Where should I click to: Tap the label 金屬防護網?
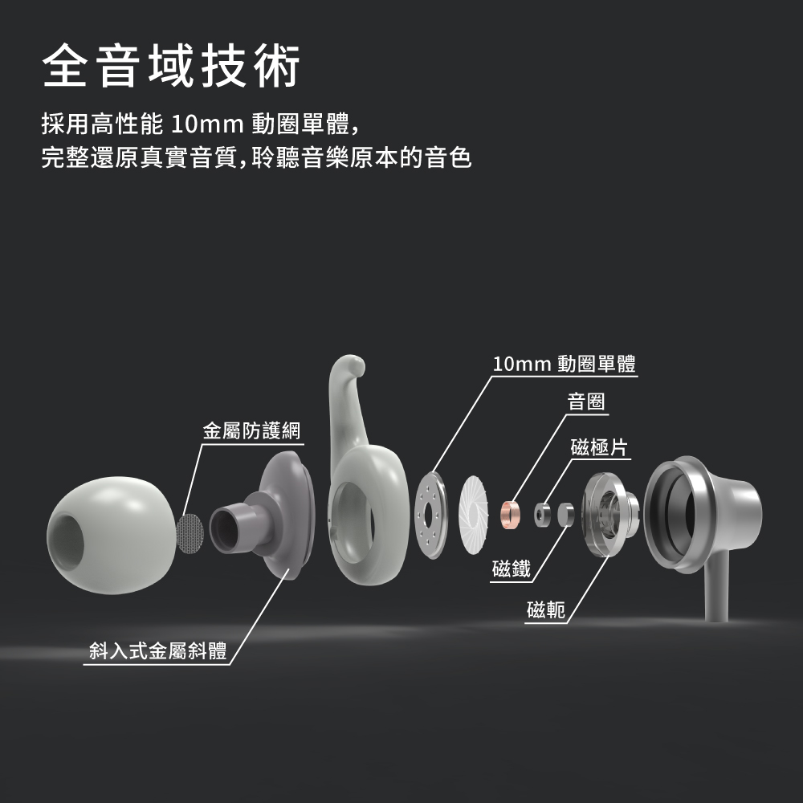click(251, 430)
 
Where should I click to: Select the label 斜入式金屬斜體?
click(157, 651)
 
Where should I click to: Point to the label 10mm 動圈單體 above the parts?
click(564, 364)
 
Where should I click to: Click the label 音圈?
click(586, 401)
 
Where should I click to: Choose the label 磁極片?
click(598, 446)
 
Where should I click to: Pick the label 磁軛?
click(546, 612)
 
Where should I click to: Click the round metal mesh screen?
click(190, 534)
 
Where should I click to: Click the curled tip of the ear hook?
click(348, 369)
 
